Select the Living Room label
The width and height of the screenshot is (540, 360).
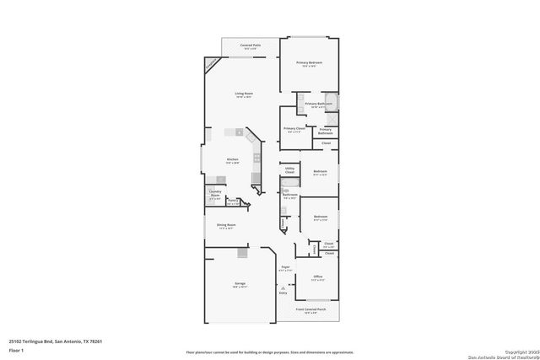244,94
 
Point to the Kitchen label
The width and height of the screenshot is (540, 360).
232,159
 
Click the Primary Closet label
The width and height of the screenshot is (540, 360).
294,129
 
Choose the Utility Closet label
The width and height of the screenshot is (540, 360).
289,170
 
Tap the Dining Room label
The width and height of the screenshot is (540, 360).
225,225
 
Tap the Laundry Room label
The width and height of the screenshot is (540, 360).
215,194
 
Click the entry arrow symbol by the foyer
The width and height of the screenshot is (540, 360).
283,287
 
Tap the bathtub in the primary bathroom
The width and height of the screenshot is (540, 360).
332,103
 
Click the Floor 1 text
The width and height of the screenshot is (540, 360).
16,350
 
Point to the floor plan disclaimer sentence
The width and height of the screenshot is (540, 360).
270,351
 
